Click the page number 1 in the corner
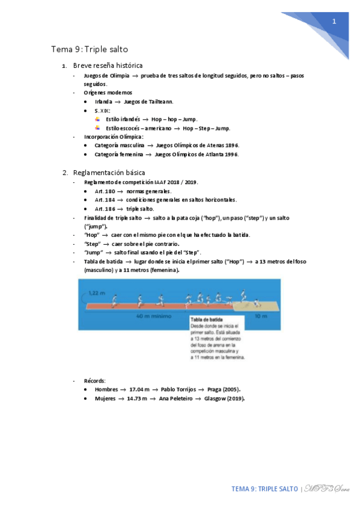(x=334, y=22)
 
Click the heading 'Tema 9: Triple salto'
(x=90, y=49)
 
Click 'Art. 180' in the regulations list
(x=105, y=191)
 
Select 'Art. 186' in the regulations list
(x=105, y=209)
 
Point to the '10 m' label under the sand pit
(x=258, y=315)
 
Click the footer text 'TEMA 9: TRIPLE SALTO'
(x=264, y=489)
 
